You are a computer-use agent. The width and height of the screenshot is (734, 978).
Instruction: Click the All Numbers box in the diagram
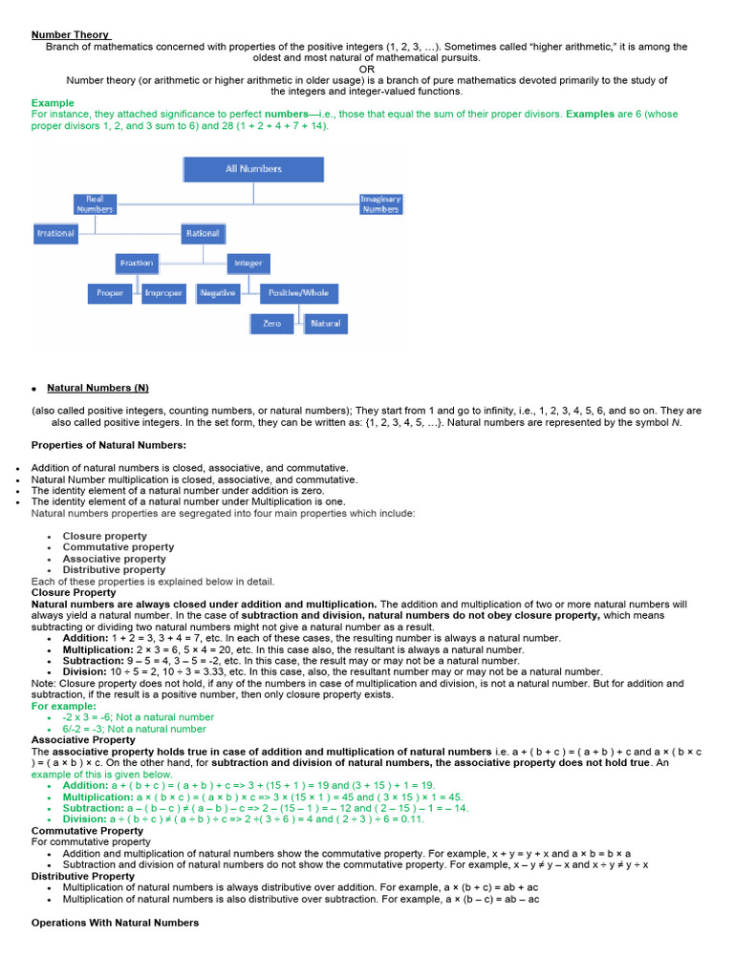253,169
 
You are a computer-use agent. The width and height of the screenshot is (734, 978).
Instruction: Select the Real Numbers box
94,203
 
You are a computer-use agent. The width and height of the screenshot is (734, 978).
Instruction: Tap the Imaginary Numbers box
380,203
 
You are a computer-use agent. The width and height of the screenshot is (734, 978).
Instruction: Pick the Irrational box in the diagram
54,233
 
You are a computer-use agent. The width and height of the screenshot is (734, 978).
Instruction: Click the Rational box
202,233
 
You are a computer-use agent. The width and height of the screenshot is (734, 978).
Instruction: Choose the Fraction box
137,263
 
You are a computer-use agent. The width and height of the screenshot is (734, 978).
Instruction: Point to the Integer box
248,263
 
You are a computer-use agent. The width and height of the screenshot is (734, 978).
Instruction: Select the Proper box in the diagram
110,293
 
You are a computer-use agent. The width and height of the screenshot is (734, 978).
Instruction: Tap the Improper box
162,293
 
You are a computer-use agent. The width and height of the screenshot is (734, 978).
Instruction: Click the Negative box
218,293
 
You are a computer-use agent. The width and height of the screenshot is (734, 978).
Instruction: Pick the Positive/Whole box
297,293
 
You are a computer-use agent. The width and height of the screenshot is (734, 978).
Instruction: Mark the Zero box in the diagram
272,324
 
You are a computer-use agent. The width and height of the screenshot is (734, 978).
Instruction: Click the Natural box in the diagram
324,324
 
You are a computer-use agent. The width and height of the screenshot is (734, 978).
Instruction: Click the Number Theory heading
71,34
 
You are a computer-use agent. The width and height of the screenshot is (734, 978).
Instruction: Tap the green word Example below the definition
53,103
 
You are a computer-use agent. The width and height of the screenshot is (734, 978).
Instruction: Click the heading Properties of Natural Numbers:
109,445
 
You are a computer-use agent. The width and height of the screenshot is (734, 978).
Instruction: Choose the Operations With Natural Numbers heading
115,923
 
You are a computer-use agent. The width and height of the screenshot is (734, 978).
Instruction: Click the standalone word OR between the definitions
367,69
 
